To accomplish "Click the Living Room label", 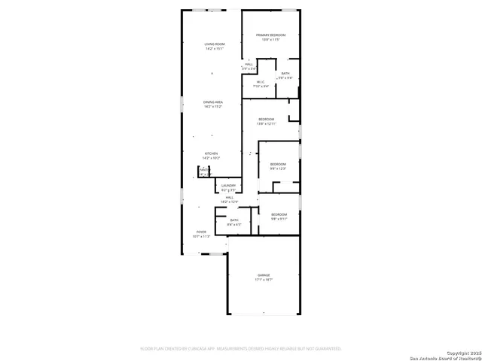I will point(215,44).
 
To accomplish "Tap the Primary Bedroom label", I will point(270,35).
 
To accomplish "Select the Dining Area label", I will point(213,102).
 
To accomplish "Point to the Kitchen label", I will point(211,153).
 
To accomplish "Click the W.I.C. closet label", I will point(260,82).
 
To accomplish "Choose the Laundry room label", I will point(228,186).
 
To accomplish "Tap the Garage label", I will point(264,276).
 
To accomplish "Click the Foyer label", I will point(201,232).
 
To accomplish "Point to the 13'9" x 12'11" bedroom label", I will point(267,120).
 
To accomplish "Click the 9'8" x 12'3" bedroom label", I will point(279,164).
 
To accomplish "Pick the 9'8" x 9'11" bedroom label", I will point(279,215).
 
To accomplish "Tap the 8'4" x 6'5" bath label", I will point(234,220).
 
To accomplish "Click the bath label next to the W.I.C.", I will point(285,74).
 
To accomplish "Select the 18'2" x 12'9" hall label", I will point(229,198).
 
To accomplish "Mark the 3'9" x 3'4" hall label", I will point(249,65).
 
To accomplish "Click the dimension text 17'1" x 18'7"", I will point(264,280).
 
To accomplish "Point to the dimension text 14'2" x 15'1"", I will point(215,49).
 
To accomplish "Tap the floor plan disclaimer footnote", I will point(241,349).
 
